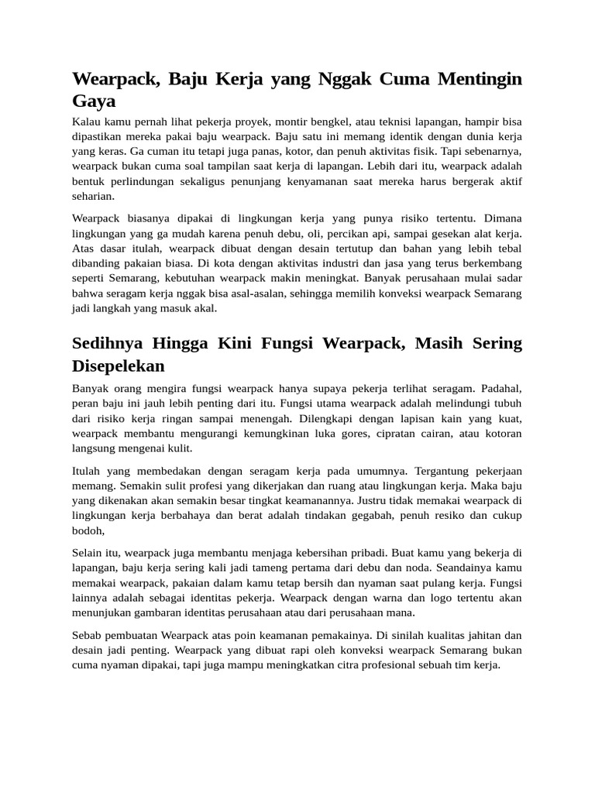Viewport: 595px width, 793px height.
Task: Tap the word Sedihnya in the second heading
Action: (x=109, y=343)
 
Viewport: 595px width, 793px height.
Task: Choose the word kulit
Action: (x=179, y=448)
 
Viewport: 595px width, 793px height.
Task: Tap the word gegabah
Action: (x=375, y=515)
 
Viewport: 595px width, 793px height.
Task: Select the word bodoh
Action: (x=87, y=530)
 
